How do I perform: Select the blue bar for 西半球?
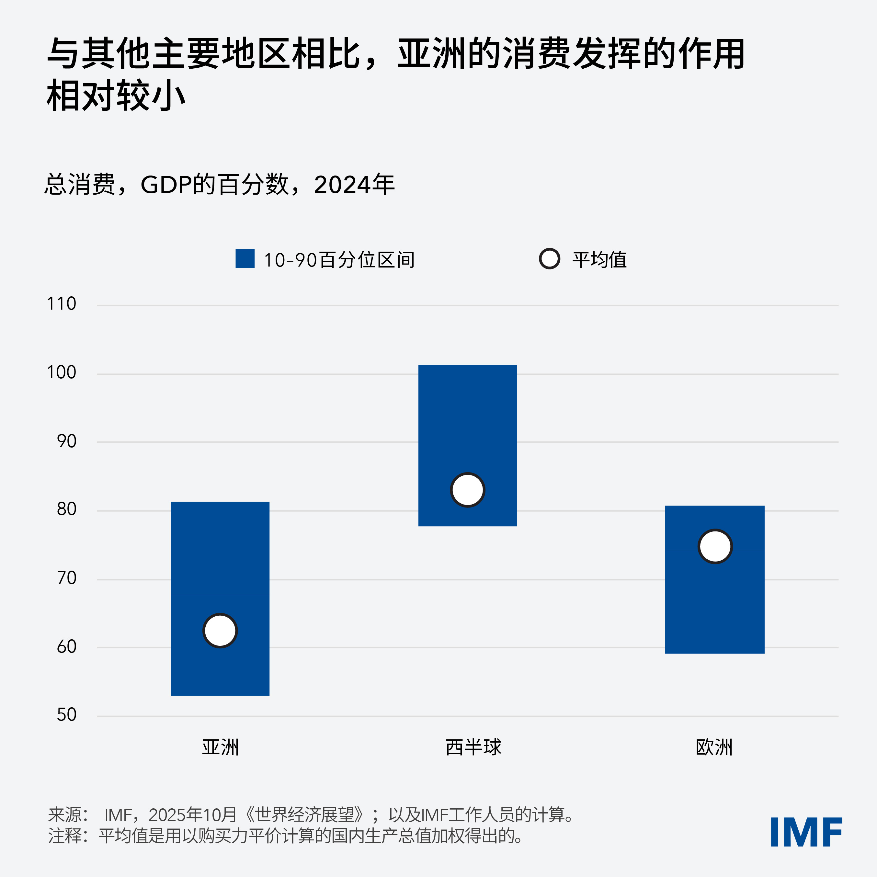468,422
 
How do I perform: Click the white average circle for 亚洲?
220,631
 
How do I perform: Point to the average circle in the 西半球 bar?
468,490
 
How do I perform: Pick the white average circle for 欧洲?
715,546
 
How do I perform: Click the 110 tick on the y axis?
62,304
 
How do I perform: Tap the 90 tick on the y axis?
67,441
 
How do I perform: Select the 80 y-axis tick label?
67,509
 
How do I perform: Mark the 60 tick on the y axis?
67,647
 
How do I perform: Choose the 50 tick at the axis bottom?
67,715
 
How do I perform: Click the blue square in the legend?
245,259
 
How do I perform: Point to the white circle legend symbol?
549,259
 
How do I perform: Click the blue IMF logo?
806,832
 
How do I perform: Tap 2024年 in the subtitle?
354,185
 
